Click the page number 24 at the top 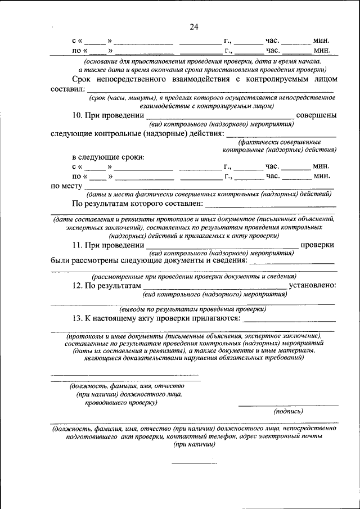pos(195,27)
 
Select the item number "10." pos(79,115)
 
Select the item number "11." pos(79,245)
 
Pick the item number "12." pos(79,286)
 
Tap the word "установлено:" pos(313,286)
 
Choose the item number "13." pos(79,319)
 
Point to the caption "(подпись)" pos(289,412)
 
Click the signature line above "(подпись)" pos(289,406)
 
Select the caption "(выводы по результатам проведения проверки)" pos(192,309)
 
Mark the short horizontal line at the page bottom pos(193,464)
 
